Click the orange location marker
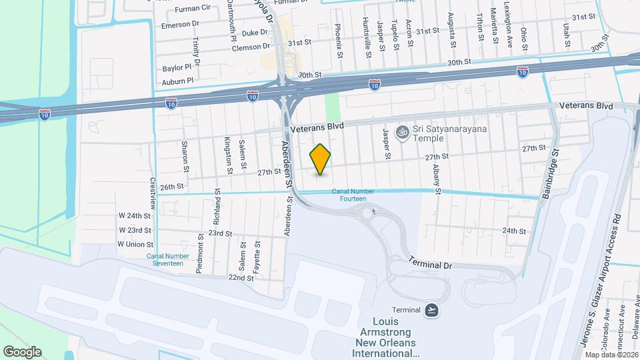click(321, 159)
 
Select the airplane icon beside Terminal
click(432, 310)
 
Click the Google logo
click(22, 351)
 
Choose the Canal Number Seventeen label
click(165, 259)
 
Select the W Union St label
click(136, 244)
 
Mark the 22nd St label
click(241, 277)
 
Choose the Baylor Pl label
click(177, 68)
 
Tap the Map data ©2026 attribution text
click(611, 355)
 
